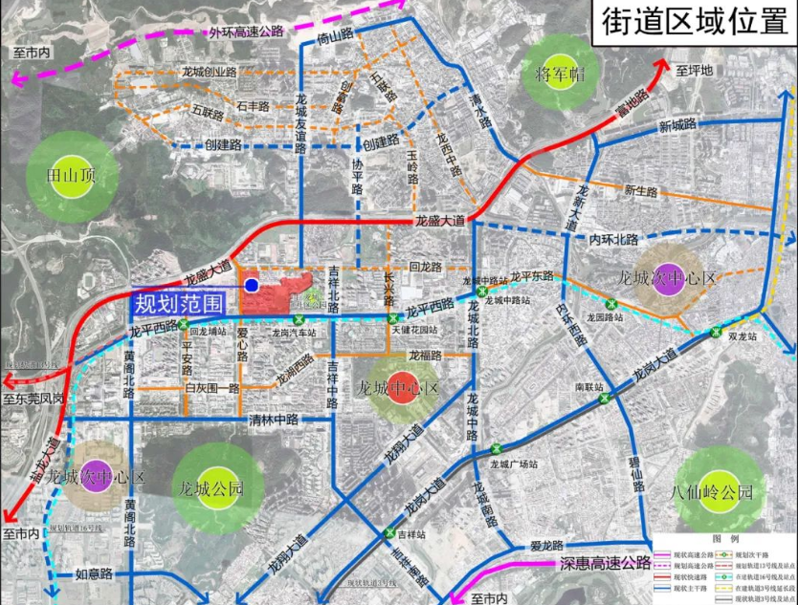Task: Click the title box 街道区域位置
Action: tap(688, 22)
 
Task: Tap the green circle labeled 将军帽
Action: tap(560, 74)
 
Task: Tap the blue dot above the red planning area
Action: tap(251, 284)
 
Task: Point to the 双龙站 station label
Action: tap(741, 337)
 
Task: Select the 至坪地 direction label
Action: tap(695, 70)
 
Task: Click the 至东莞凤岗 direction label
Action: tap(34, 397)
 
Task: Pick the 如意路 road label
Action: tap(94, 574)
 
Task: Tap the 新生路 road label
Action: tap(642, 190)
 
